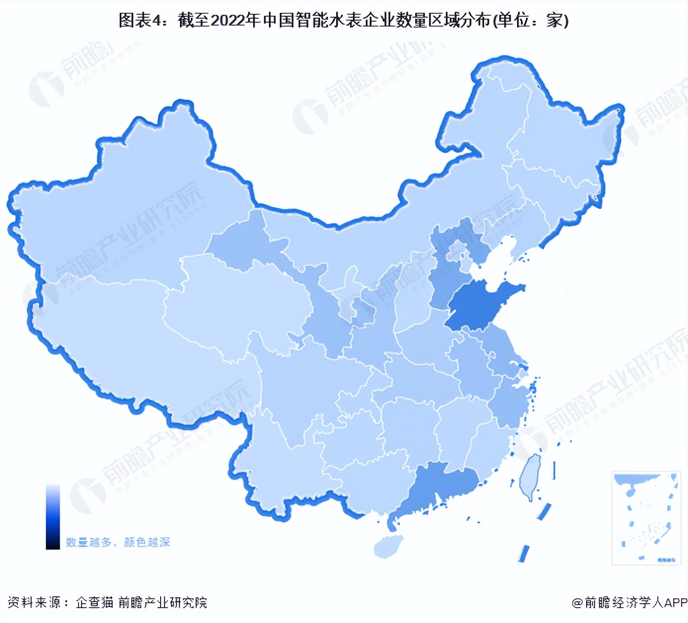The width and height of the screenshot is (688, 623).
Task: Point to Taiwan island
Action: pyautogui.click(x=530, y=476)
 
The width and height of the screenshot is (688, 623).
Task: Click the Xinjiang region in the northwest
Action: pyautogui.click(x=124, y=207)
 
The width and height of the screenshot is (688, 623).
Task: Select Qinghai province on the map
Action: pyautogui.click(x=237, y=301)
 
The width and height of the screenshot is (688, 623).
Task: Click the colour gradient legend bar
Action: pyautogui.click(x=53, y=516)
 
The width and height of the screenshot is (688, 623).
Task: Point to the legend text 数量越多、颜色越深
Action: pyautogui.click(x=118, y=543)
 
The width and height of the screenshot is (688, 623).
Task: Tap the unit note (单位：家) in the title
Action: pyautogui.click(x=531, y=20)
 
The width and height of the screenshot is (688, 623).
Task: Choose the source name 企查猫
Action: pyautogui.click(x=94, y=602)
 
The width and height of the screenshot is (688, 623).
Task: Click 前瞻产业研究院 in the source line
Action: pyautogui.click(x=163, y=602)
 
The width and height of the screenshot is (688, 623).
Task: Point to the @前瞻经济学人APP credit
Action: pyautogui.click(x=629, y=602)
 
